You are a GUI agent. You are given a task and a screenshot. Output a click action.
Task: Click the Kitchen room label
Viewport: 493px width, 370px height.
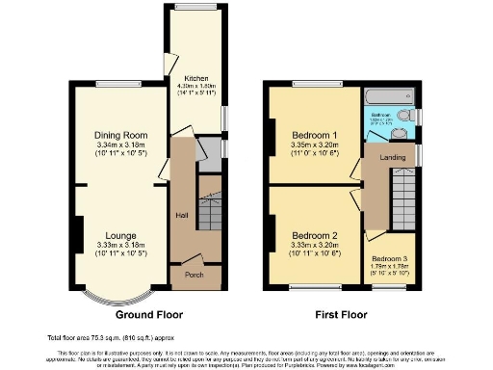click(196, 78)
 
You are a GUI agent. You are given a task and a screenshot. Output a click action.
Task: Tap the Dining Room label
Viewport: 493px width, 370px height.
click(120, 135)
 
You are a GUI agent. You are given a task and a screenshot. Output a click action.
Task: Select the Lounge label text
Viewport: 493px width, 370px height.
click(120, 235)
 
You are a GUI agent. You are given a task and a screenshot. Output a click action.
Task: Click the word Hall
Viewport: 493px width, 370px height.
click(181, 215)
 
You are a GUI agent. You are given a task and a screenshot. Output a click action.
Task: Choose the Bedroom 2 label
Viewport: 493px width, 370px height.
click(315, 235)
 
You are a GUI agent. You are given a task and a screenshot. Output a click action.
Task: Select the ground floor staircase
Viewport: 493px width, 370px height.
click(209, 212)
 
